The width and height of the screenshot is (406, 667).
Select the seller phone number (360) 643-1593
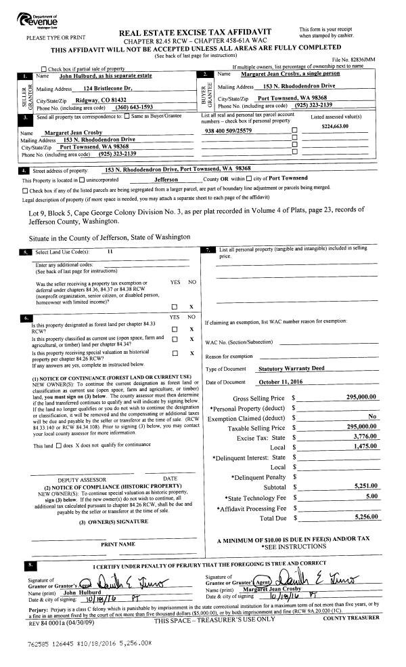click(139, 107)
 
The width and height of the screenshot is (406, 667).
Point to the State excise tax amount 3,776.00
click(365, 438)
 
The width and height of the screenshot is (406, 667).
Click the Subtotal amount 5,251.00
click(365, 487)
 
